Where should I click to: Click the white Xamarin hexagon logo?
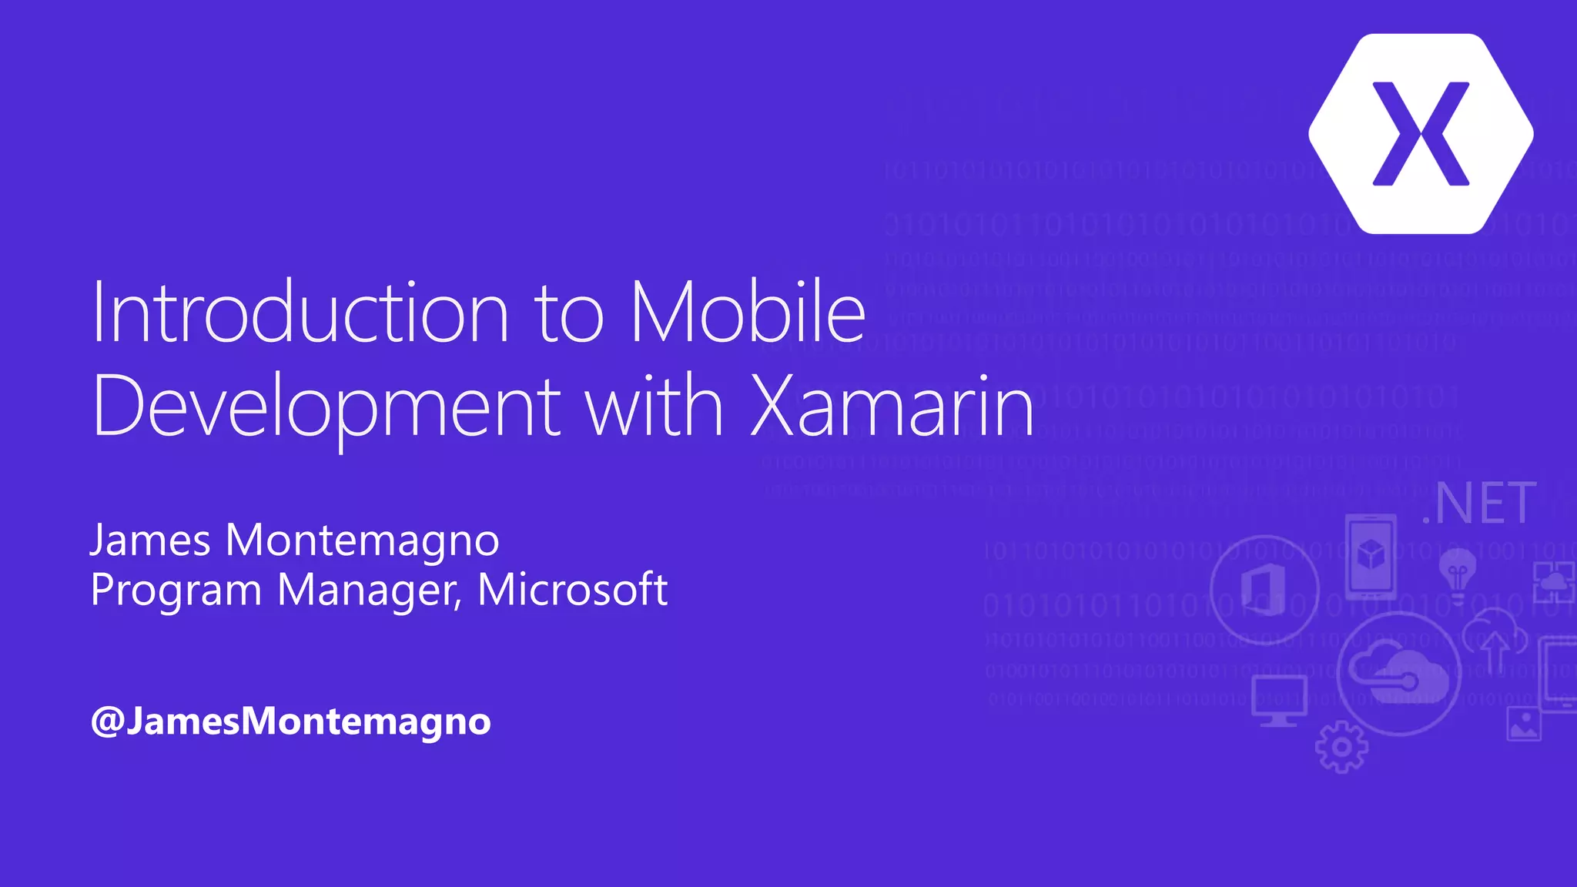click(x=1421, y=133)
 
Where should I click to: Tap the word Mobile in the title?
click(x=748, y=312)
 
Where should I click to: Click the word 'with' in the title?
click(x=655, y=405)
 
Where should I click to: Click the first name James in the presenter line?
click(x=151, y=540)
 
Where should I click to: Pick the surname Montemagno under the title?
click(x=362, y=541)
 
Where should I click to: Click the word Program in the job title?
click(x=176, y=591)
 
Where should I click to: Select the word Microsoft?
click(x=572, y=589)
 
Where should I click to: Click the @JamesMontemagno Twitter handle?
click(x=290, y=721)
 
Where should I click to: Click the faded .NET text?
click(x=1479, y=504)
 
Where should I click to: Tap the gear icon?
click(x=1341, y=746)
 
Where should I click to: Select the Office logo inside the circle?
click(x=1264, y=589)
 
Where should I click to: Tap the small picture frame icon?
click(x=1524, y=724)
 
